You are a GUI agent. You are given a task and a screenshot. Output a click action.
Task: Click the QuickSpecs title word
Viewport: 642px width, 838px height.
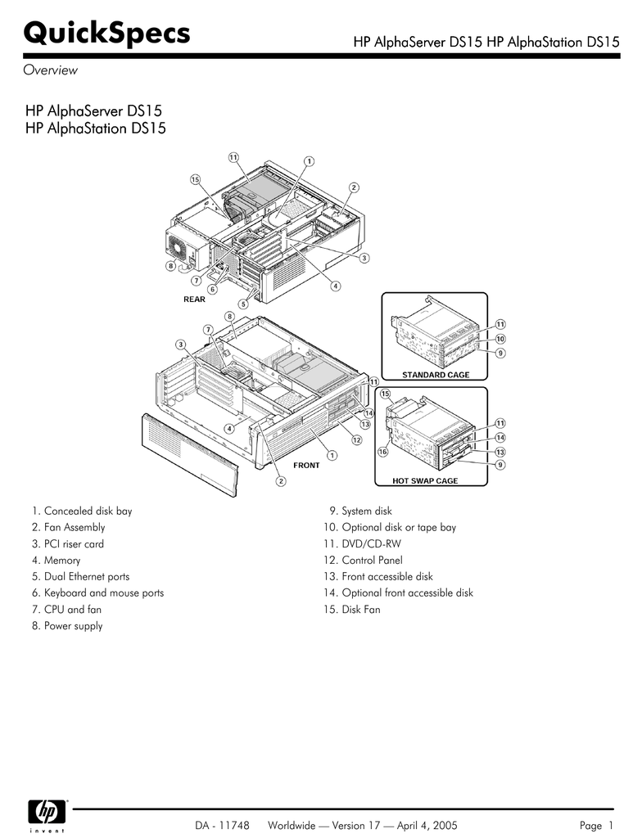(x=107, y=34)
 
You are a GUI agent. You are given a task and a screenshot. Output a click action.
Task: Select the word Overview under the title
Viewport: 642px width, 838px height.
(x=50, y=70)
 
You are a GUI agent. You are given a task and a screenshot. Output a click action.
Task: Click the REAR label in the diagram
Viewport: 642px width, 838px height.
(x=194, y=300)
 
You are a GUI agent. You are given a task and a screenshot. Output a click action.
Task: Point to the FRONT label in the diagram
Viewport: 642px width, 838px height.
(x=306, y=466)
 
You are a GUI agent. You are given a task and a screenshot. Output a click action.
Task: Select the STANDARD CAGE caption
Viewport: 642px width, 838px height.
(x=435, y=375)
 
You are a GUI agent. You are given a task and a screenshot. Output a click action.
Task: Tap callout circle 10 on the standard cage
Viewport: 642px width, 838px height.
(x=500, y=339)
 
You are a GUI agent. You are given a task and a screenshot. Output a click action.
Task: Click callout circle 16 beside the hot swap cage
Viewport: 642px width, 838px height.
(x=382, y=452)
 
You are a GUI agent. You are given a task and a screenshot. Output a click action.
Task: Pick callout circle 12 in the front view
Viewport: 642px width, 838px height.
(x=357, y=440)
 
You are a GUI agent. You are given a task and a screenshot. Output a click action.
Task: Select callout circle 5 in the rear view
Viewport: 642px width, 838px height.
(x=242, y=304)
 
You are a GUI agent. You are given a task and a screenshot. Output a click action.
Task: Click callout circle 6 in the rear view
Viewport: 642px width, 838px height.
(x=213, y=289)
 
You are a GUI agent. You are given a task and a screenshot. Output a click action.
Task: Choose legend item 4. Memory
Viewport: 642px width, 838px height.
(x=57, y=561)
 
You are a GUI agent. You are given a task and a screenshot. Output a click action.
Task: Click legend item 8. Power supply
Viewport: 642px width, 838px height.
(x=68, y=626)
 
